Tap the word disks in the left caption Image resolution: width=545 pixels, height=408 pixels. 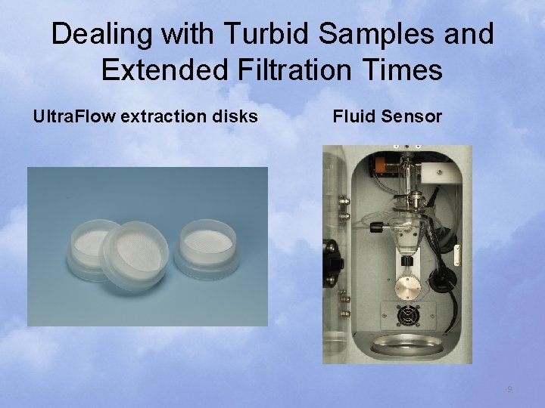[236, 117]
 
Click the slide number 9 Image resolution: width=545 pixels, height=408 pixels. [509, 389]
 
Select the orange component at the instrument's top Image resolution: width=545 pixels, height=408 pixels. [384, 162]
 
